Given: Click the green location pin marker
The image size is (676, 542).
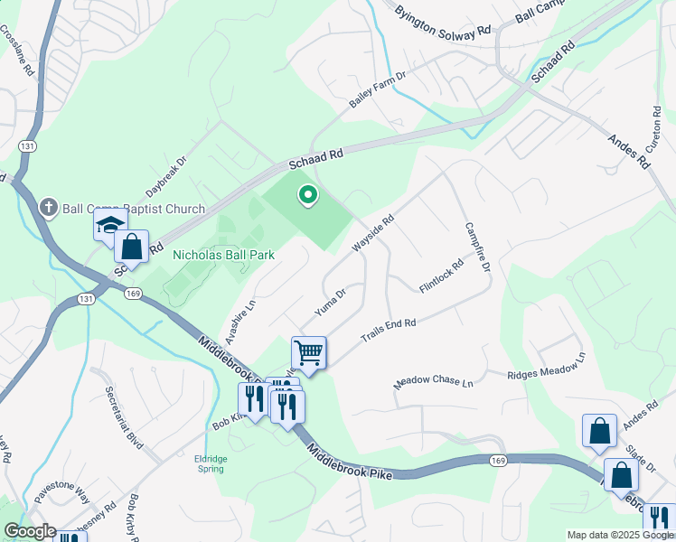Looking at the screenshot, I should pyautogui.click(x=308, y=195).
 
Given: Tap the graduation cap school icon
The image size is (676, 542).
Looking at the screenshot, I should pyautogui.click(x=109, y=224).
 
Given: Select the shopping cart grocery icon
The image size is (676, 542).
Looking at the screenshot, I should pyautogui.click(x=308, y=353).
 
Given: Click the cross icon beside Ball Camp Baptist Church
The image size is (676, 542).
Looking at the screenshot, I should pyautogui.click(x=51, y=209).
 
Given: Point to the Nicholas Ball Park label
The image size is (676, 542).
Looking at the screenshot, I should pyautogui.click(x=223, y=256).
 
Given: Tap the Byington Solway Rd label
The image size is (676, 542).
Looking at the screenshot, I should pyautogui.click(x=443, y=21).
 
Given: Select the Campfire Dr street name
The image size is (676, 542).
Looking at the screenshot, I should pyautogui.click(x=476, y=248).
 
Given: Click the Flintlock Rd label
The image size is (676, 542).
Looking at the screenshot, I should pyautogui.click(x=441, y=276).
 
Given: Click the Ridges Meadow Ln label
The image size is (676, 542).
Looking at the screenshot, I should pyautogui.click(x=546, y=367).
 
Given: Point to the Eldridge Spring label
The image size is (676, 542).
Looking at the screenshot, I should pyautogui.click(x=210, y=463).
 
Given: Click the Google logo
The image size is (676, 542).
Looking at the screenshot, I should pyautogui.click(x=30, y=531).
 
